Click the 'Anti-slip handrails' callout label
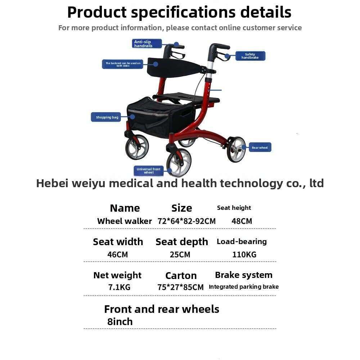click(x=147, y=44)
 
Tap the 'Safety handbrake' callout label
click(x=250, y=56)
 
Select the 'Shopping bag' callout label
click(x=106, y=117)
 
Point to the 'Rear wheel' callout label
click(x=260, y=147)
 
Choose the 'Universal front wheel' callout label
click(x=149, y=171)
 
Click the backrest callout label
click(x=123, y=64)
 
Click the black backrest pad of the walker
click(x=175, y=68)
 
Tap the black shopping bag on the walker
click(x=161, y=118)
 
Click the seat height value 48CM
click(x=242, y=221)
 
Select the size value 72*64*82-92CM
click(x=186, y=221)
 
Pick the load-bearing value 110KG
click(x=244, y=255)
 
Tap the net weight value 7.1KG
click(x=119, y=287)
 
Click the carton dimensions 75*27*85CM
click(x=180, y=287)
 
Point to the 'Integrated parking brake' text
click(x=244, y=287)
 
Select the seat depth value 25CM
click(x=180, y=255)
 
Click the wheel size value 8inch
click(x=120, y=321)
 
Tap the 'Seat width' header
click(x=118, y=242)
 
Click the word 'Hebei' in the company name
click(x=52, y=183)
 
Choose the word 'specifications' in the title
click(x=183, y=12)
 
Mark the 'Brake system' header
click(x=244, y=275)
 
